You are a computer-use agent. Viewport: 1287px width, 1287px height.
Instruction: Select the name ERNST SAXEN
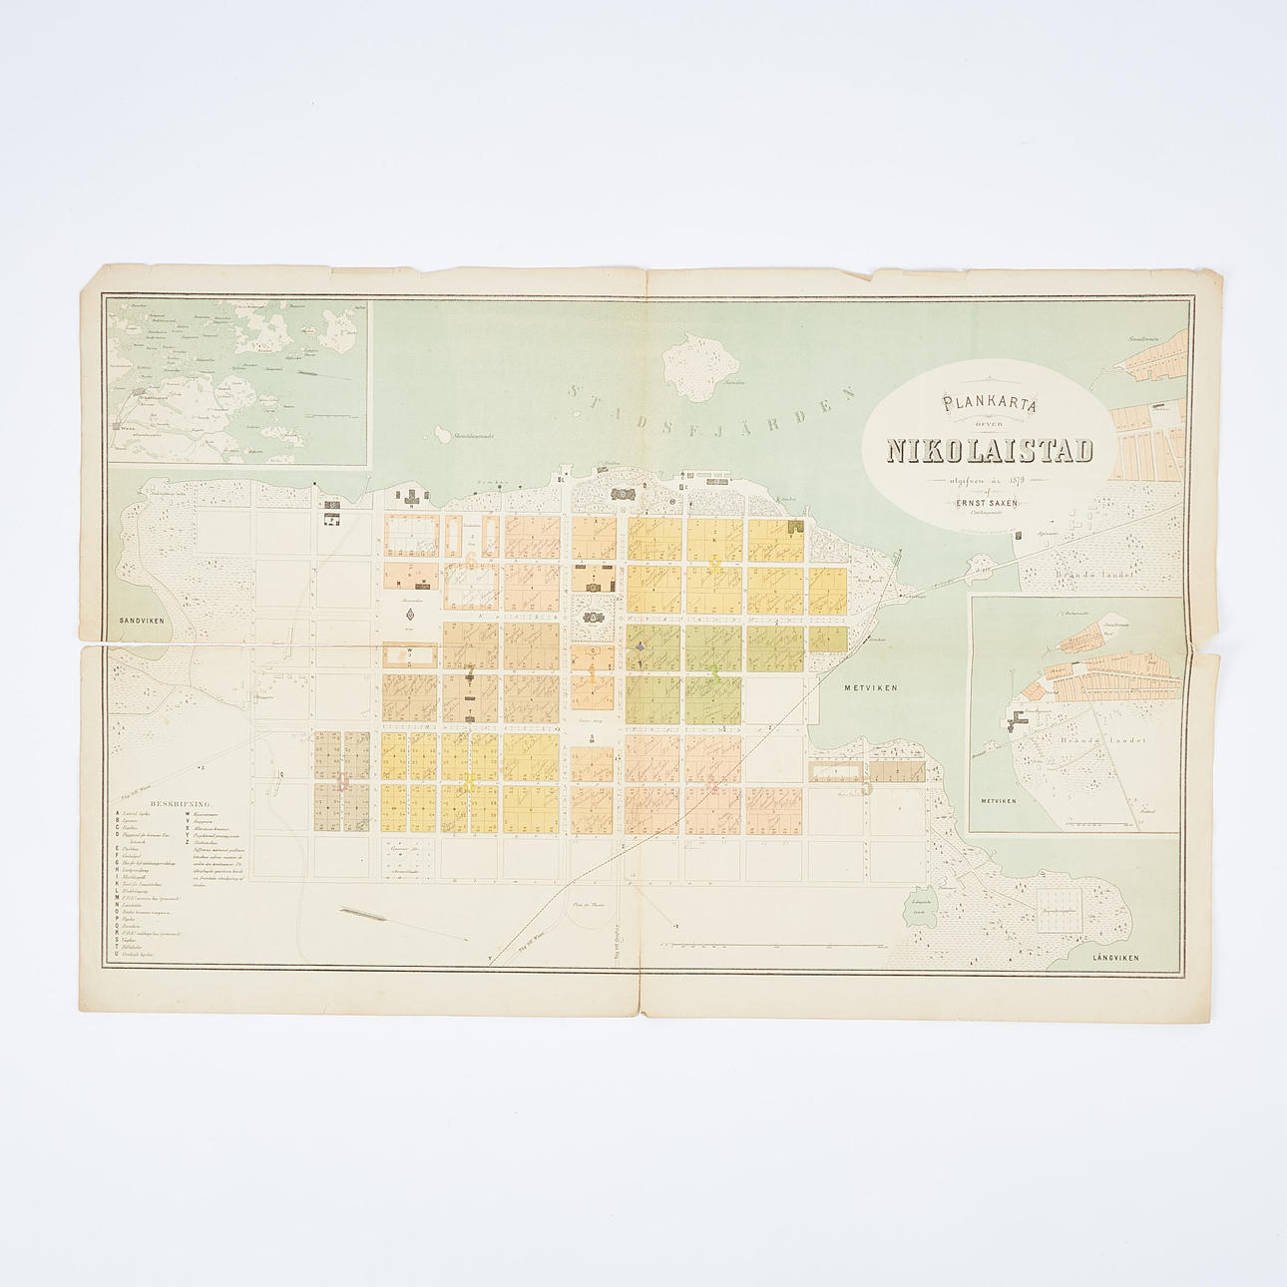click(x=987, y=503)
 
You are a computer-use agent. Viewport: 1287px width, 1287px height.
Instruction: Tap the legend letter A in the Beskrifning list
click(x=117, y=812)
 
